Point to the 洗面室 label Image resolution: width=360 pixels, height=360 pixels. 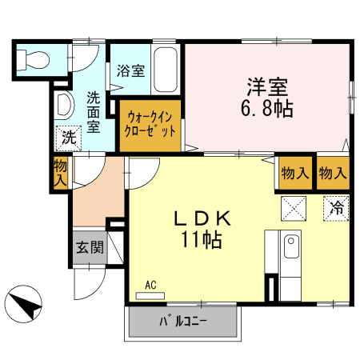click(94, 112)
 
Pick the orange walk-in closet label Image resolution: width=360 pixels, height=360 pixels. click(150, 125)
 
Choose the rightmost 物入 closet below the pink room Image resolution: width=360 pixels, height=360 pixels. click(332, 173)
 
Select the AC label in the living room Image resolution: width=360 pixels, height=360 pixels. click(150, 284)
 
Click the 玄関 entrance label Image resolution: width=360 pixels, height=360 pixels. click(90, 247)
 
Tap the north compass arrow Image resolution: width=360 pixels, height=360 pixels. click(26, 304)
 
